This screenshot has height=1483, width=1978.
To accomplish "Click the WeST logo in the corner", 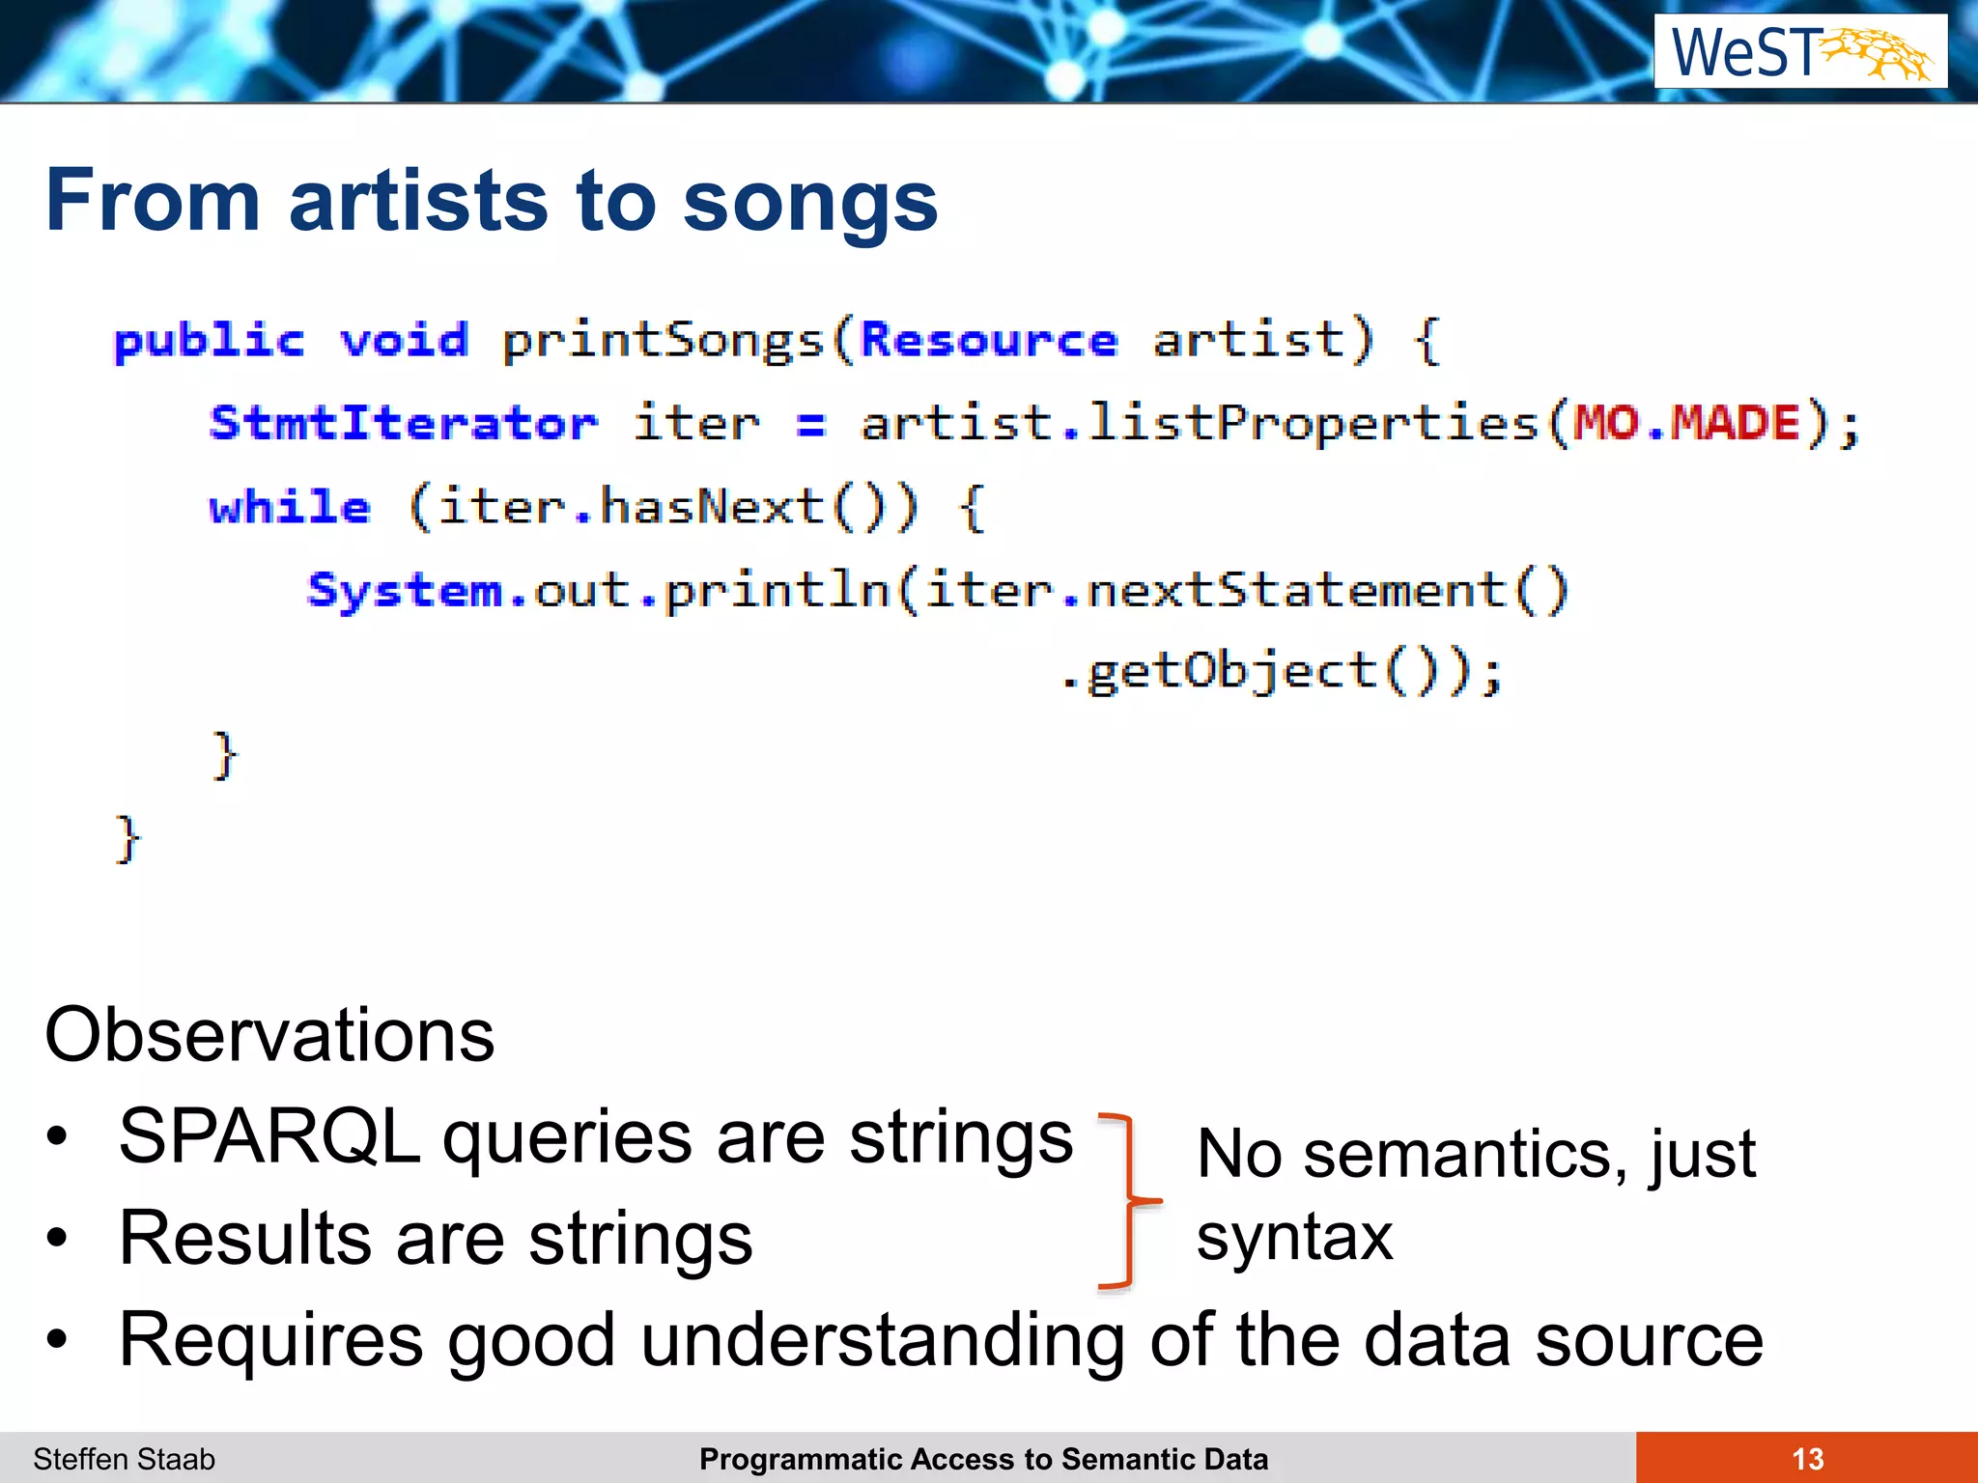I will (x=1799, y=52).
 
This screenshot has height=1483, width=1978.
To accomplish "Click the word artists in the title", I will (x=419, y=201).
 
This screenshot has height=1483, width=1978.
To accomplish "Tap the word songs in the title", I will (x=809, y=201).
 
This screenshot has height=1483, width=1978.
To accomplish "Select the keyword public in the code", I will (x=209, y=341).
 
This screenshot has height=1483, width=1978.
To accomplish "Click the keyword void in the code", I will (x=404, y=341).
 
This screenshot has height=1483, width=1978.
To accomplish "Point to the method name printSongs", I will (x=663, y=341).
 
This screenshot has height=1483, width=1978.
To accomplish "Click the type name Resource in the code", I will (x=988, y=341).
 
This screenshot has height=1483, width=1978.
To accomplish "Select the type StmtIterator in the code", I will (x=404, y=424).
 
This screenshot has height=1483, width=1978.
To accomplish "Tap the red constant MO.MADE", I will (x=1686, y=424).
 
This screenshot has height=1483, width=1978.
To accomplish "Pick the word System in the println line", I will (x=405, y=590).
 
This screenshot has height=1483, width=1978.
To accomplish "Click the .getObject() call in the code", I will (x=1280, y=672).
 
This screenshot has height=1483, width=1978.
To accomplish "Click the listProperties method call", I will (x=1312, y=424).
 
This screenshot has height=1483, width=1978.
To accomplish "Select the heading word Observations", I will (x=269, y=1035).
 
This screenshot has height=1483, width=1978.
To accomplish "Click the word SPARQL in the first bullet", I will (x=269, y=1136).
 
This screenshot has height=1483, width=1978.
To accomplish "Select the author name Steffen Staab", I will (x=124, y=1459).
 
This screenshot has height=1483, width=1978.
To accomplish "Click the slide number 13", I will (x=1807, y=1459).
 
